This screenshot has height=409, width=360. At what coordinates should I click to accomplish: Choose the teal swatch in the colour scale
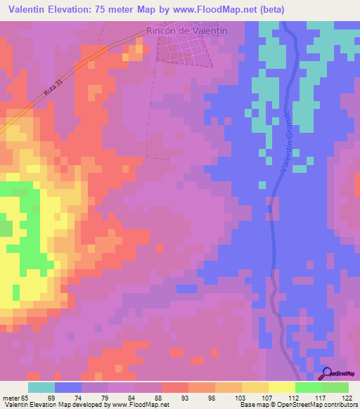[x=41, y=387]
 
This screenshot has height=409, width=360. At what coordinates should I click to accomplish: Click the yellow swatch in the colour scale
[x=282, y=387]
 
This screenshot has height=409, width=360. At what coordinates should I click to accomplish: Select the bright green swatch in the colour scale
[x=309, y=387]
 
